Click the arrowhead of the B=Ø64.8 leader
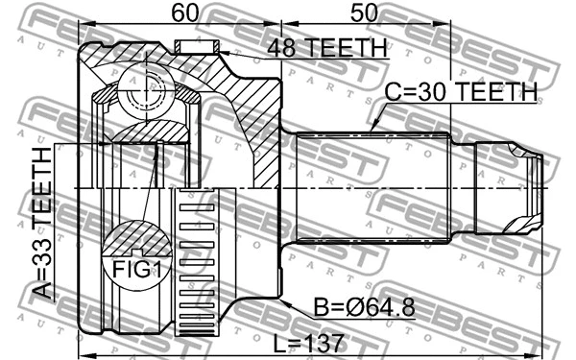click(281, 300)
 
